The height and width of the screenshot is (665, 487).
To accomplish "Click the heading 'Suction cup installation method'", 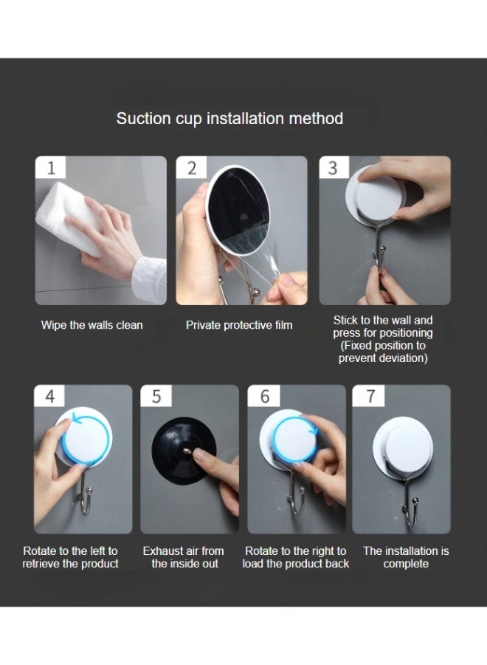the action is (x=229, y=119).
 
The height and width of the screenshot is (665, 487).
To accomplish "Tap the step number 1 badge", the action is (x=51, y=168).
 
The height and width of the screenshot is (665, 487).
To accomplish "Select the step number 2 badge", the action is (x=191, y=168).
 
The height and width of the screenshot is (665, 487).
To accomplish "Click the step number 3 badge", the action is (x=334, y=168).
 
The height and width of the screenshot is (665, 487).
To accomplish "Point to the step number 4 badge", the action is (x=49, y=396).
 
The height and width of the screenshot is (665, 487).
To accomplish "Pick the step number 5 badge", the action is (x=156, y=396).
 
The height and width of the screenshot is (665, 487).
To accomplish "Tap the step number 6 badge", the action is (x=264, y=396).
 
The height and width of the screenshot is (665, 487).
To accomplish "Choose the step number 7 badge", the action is (x=369, y=396).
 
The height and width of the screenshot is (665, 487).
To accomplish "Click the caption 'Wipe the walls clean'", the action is (x=92, y=325).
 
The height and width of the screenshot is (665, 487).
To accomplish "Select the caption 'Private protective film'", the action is (x=239, y=325).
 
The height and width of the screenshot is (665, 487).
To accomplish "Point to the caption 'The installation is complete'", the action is (x=406, y=557).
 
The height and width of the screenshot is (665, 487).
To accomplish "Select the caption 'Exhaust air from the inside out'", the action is (x=184, y=557).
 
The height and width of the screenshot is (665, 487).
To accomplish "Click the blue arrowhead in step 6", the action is (x=314, y=429).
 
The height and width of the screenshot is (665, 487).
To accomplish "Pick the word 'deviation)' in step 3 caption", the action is (x=405, y=358).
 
